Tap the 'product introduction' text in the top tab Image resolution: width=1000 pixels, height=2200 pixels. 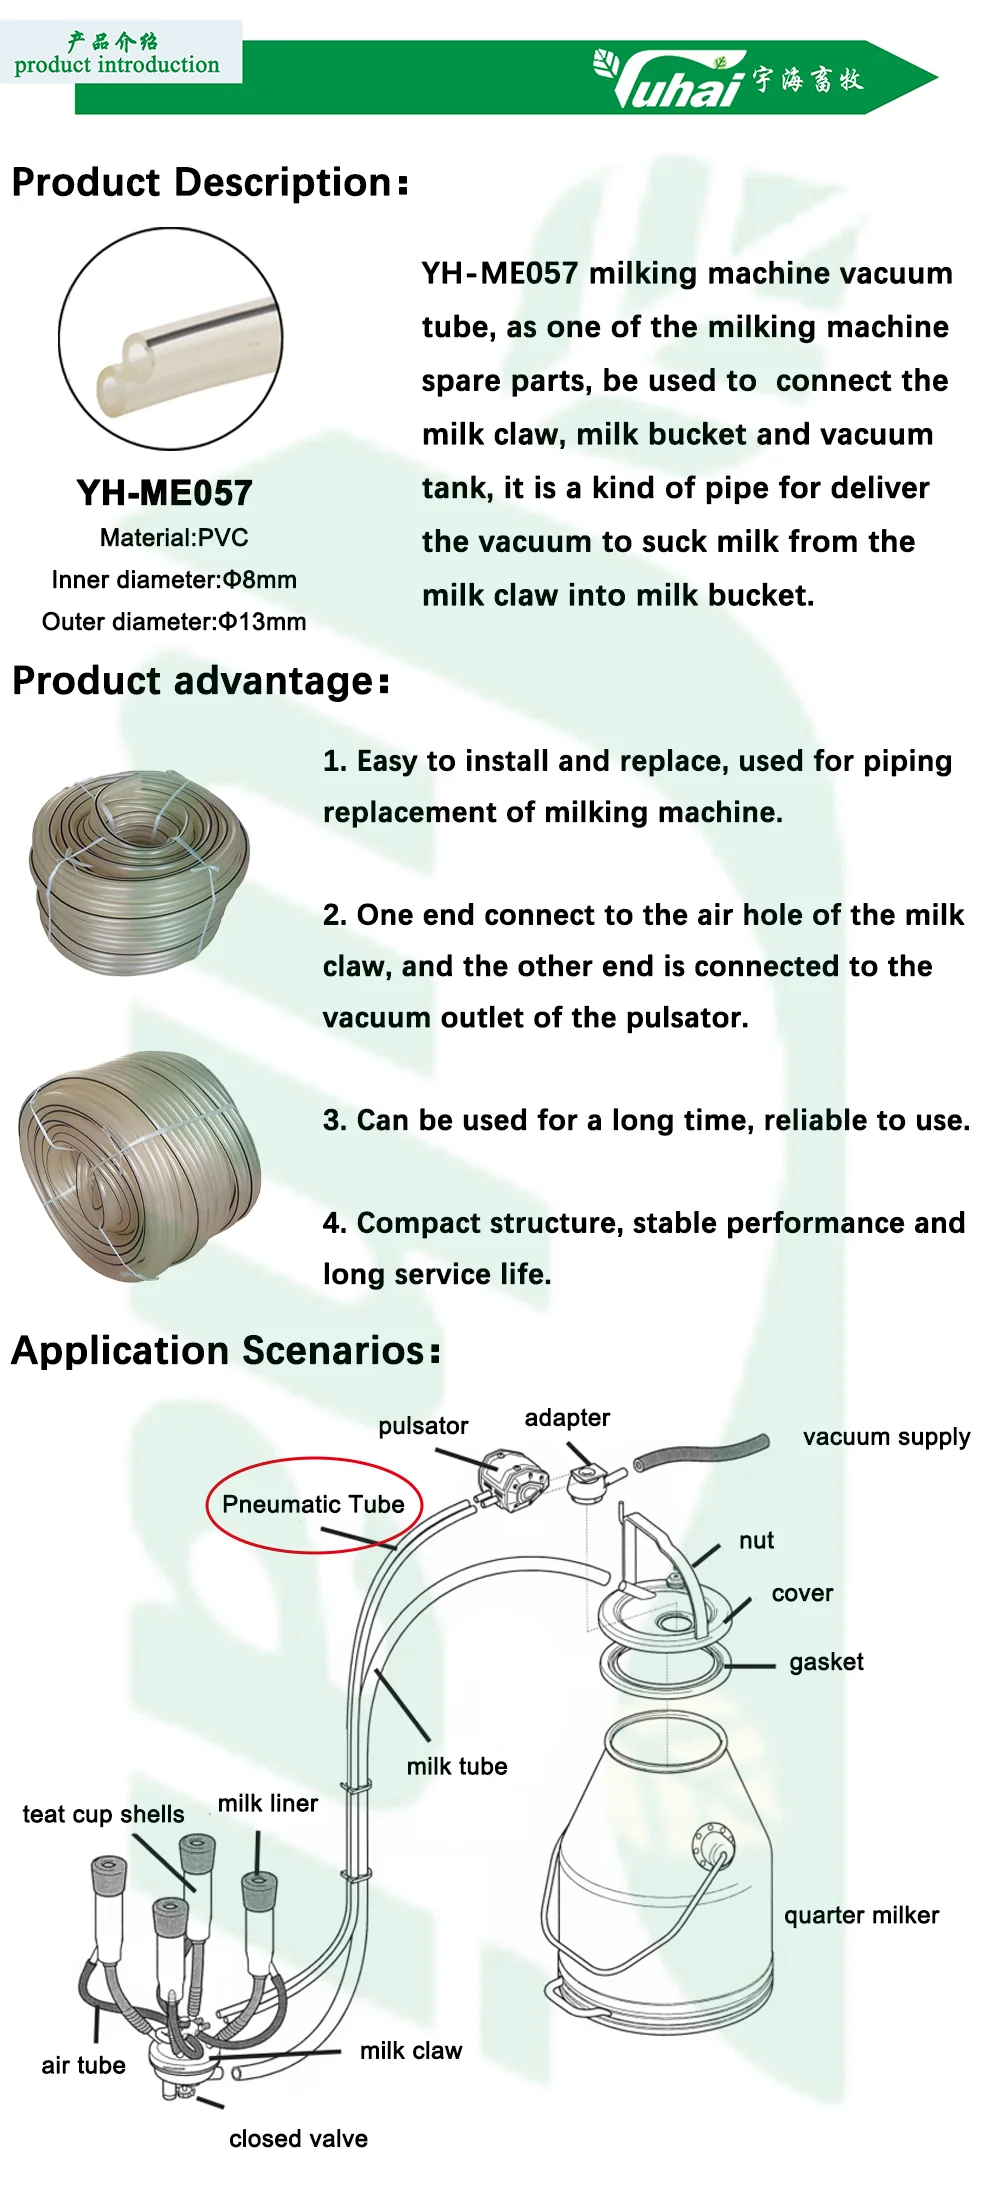pyautogui.click(x=117, y=65)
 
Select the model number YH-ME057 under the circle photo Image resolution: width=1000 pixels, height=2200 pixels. pyautogui.click(x=165, y=493)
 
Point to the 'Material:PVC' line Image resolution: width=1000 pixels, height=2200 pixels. pyautogui.click(x=174, y=538)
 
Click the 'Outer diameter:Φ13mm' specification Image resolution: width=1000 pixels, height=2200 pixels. pyautogui.click(x=174, y=622)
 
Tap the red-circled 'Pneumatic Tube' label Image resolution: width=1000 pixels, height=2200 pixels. pyautogui.click(x=313, y=1504)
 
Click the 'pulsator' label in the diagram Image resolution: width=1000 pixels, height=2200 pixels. pyautogui.click(x=423, y=1426)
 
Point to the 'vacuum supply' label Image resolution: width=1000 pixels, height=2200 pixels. pyautogui.click(x=886, y=1437)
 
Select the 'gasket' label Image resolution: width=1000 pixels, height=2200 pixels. pyautogui.click(x=826, y=1662)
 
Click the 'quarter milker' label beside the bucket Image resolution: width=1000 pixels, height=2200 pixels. pyautogui.click(x=861, y=1915)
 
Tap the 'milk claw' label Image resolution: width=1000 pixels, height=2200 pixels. pyautogui.click(x=411, y=2051)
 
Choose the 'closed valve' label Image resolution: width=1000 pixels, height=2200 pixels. pyautogui.click(x=298, y=2139)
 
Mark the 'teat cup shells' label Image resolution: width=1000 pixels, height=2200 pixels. pyautogui.click(x=103, y=1814)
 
